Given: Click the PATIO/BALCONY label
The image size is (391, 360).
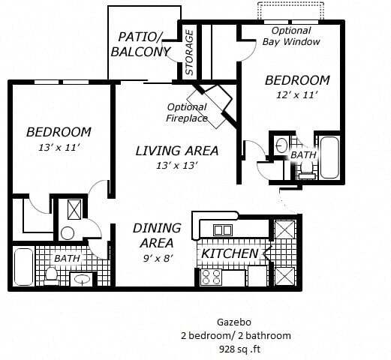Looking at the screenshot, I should click(x=140, y=44).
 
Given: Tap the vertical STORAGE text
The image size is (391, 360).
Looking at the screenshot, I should click(x=190, y=52).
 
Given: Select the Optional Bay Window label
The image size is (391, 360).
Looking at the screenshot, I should click(x=291, y=37).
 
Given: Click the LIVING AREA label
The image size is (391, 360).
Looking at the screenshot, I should click(x=176, y=151).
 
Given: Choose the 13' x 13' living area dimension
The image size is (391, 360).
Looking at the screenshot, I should click(x=176, y=166).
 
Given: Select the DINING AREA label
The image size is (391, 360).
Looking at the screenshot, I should click(x=156, y=235).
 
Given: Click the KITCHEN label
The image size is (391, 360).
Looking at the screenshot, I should click(x=230, y=253).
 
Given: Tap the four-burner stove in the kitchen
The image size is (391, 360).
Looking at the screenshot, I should click(x=210, y=277).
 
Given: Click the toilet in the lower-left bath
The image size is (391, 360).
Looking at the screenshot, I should click(x=52, y=275).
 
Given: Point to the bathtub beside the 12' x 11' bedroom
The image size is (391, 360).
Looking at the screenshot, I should click(x=329, y=157).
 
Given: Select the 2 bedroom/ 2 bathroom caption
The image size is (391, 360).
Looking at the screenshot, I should click(x=235, y=335).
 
